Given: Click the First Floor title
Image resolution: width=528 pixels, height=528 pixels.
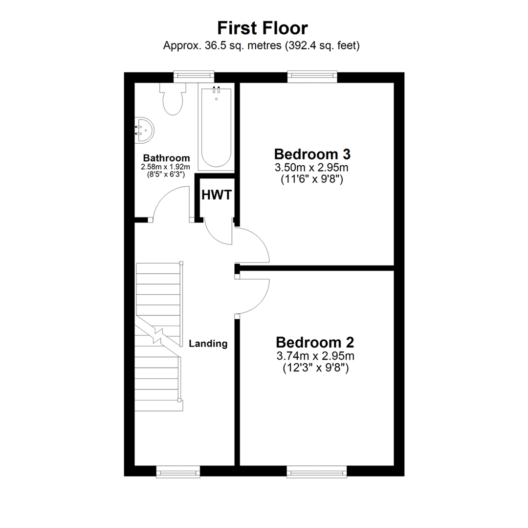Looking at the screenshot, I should pyautogui.click(x=263, y=28).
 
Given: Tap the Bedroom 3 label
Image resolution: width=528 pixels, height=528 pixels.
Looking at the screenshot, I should pyautogui.click(x=312, y=154).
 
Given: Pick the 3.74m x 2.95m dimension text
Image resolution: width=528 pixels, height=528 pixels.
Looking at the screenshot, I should pyautogui.click(x=315, y=355).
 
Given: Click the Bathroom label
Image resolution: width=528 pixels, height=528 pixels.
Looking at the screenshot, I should pyautogui.click(x=166, y=158).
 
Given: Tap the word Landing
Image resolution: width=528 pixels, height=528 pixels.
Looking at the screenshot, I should pyautogui.click(x=208, y=344).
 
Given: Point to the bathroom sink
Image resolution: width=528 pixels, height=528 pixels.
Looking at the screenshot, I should pyautogui.click(x=144, y=130).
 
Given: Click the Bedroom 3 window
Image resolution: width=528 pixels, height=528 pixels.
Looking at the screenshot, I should pyautogui.click(x=312, y=75).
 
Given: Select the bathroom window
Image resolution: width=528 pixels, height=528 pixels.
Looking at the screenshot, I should pyautogui.click(x=194, y=75).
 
